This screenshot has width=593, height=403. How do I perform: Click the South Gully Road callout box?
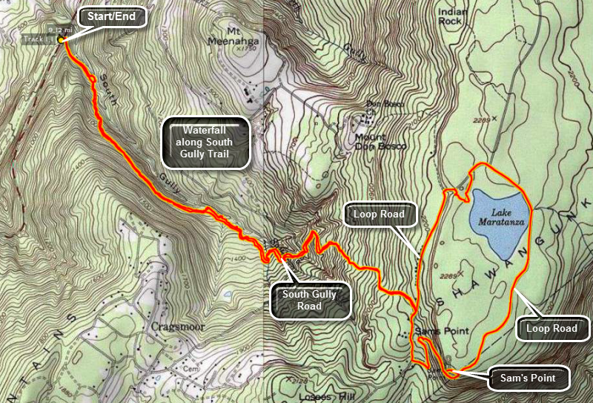click(x=309, y=300)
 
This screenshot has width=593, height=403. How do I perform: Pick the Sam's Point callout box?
click(x=529, y=379)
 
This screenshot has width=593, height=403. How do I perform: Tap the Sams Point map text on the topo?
click(x=434, y=330)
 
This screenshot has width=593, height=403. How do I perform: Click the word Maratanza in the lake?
click(x=500, y=221)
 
